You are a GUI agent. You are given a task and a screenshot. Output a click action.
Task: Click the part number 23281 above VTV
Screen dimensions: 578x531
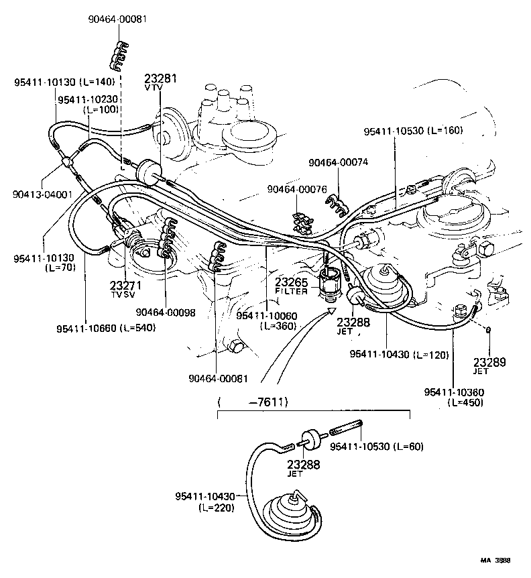point(161,78)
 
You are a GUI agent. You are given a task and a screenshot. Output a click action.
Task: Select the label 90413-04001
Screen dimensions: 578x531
point(42,194)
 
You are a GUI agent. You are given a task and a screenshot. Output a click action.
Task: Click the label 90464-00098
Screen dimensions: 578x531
point(165,311)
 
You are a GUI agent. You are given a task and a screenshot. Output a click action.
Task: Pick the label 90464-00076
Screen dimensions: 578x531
point(296,190)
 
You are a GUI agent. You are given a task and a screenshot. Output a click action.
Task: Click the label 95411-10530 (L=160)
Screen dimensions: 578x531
point(413,130)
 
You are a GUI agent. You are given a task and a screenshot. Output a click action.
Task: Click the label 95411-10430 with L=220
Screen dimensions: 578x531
point(205,496)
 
